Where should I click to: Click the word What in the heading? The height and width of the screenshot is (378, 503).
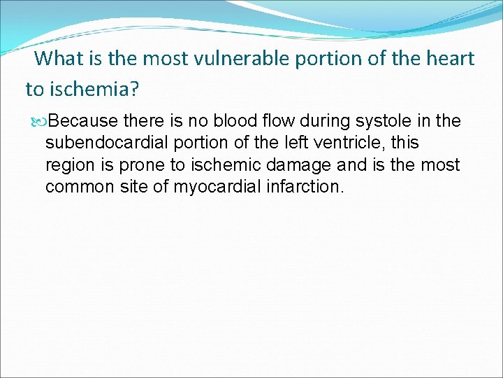click(58, 59)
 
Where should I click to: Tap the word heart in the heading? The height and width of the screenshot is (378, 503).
click(450, 59)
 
